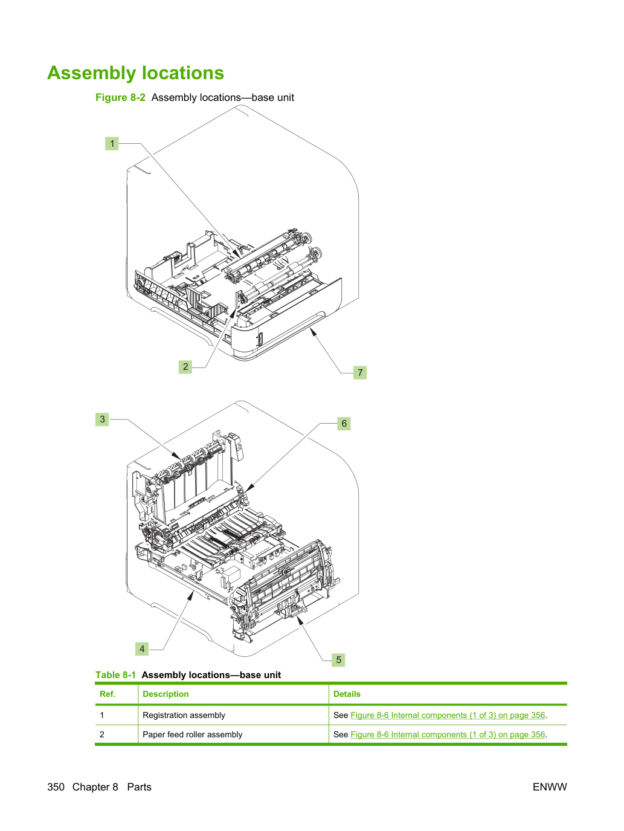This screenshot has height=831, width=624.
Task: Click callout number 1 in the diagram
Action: (x=112, y=143)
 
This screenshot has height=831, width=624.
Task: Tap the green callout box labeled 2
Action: (x=185, y=366)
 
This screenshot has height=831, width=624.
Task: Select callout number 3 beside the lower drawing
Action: (x=102, y=419)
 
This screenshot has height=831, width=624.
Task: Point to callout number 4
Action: (x=142, y=648)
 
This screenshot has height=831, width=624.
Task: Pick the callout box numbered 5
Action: (x=338, y=659)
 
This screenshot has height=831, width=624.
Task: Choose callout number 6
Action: (x=344, y=423)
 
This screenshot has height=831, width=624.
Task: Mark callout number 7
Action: (x=360, y=372)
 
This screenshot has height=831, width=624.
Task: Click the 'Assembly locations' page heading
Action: (x=135, y=73)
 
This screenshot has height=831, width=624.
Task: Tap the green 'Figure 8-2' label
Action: (x=120, y=97)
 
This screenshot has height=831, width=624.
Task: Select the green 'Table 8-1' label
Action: (x=115, y=674)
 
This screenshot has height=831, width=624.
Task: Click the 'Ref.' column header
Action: (x=107, y=694)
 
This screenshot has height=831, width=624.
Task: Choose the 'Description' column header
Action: (x=166, y=694)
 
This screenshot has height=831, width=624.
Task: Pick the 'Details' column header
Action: (x=347, y=694)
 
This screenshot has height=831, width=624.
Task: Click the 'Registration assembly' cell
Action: (x=184, y=715)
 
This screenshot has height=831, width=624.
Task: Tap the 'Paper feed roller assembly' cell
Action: (x=192, y=734)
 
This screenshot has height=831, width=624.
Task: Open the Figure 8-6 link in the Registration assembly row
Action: (x=448, y=715)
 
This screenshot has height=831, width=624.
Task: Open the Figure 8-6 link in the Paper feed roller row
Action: (x=448, y=734)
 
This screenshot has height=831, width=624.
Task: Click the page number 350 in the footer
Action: (x=56, y=787)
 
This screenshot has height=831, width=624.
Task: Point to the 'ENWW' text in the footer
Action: (x=550, y=787)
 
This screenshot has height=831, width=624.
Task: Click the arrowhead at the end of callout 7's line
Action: (x=312, y=332)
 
